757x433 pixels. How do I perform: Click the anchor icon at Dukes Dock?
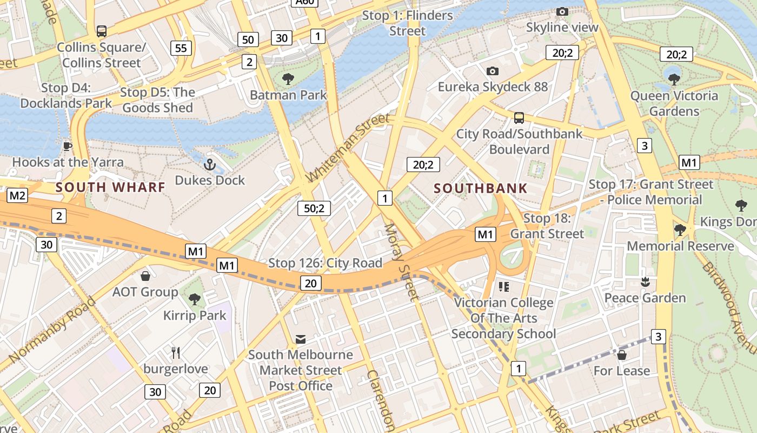coord(209,164)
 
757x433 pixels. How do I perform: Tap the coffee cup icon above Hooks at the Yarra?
coord(68,146)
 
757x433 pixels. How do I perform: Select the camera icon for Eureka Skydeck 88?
coord(492,71)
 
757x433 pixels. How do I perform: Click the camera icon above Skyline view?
coord(562,11)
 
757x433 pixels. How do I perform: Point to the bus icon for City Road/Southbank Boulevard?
coord(519,117)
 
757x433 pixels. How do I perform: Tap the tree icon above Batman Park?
coord(288,79)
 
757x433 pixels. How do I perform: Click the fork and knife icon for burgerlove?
coord(175,353)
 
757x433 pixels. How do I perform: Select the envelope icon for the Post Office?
coord(301,339)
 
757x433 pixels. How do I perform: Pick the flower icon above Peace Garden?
coord(645,281)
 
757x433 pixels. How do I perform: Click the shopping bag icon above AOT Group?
coord(145,276)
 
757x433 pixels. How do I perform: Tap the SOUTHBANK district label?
coord(481,188)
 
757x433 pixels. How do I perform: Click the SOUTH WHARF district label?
coord(110,187)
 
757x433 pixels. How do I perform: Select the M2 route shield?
coord(17,195)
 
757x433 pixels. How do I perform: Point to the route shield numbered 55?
coord(181,48)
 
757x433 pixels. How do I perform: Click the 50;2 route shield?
coord(314,208)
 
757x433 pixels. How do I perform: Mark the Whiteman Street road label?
coord(347,148)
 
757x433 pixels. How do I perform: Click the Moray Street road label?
coord(401,261)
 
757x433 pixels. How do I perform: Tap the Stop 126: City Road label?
coord(326,263)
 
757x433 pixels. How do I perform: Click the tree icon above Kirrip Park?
coord(195,299)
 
